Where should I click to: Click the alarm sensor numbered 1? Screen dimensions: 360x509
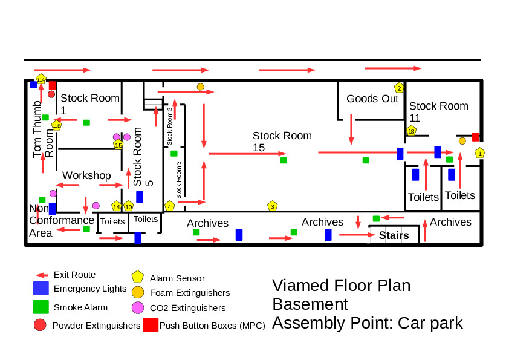480,153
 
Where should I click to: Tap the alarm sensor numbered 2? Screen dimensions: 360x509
399,88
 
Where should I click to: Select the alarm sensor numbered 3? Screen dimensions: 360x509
273,206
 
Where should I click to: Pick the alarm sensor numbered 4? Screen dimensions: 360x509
169,206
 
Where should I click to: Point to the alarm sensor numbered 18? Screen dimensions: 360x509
411,131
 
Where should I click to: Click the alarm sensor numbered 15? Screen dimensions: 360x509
118,145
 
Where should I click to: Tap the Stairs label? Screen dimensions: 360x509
394,235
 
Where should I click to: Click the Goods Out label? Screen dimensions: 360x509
372,99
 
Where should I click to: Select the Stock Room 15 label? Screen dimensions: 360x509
282,142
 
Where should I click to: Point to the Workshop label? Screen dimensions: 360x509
87,175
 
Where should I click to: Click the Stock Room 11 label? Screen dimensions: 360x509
438,112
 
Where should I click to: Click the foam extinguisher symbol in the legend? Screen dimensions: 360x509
138,292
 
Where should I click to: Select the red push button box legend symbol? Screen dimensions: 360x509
151,325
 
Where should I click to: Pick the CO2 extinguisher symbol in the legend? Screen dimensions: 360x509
138,308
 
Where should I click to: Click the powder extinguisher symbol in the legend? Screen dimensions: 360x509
41,325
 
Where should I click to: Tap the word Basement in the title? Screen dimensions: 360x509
310,304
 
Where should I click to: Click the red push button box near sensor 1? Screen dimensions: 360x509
475,137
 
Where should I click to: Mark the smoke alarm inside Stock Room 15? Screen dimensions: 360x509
284,160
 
